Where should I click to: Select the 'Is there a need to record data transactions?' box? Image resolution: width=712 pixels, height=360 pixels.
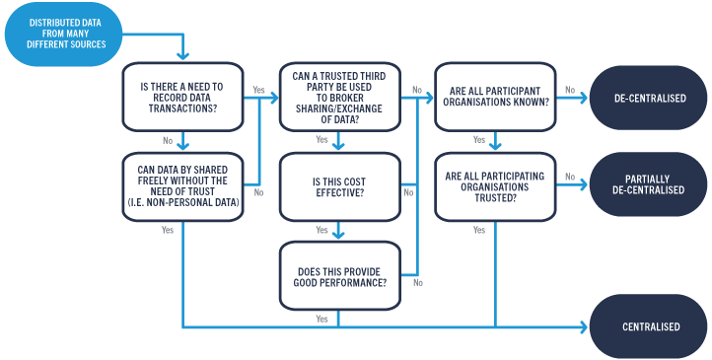182,97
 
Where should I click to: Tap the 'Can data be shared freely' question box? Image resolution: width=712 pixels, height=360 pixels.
182,186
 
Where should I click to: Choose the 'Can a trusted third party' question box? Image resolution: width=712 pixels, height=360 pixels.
340,97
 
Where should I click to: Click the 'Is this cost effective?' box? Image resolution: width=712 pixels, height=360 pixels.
340,186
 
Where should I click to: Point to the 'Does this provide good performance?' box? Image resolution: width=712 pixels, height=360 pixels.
340,276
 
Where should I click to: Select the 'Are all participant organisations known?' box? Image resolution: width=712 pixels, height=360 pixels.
496,97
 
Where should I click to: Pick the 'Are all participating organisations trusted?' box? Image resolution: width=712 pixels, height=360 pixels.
496,186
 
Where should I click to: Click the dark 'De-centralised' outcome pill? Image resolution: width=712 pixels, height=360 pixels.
649,98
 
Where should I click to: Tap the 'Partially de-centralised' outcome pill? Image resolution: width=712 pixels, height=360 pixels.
649,184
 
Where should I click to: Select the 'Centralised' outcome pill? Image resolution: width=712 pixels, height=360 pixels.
649,326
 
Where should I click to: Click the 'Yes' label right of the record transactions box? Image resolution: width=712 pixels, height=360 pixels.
259,90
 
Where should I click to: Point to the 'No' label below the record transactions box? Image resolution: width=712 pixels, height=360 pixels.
169,140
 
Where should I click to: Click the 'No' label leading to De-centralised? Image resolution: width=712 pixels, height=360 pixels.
569,90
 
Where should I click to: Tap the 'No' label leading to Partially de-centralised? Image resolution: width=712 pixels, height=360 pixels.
569,178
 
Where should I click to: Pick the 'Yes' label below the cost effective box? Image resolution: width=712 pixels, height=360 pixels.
321,230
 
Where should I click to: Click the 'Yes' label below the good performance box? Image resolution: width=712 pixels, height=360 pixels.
321,319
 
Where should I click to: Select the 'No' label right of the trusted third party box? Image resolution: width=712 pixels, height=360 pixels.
416,90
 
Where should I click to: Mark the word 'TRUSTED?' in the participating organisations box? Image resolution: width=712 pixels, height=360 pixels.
496,198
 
